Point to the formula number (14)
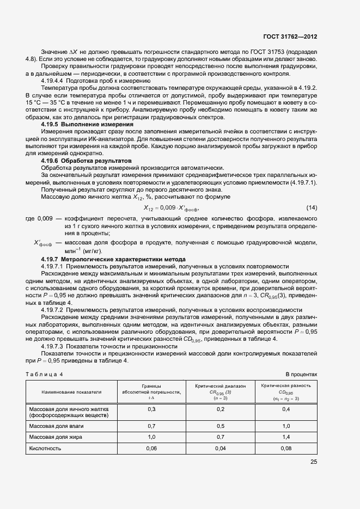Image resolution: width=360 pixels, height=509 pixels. (312, 208)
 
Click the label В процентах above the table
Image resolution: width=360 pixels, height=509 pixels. (301, 375)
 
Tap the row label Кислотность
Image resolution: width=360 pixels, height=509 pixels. (45, 449)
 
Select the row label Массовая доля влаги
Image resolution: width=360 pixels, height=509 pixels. (57, 426)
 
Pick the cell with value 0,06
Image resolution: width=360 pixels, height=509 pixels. (151, 449)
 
